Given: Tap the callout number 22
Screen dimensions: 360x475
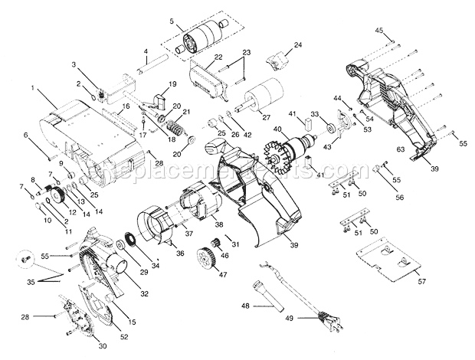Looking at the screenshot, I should point(198,57).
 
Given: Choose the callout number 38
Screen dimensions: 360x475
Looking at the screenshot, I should point(219,225).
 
